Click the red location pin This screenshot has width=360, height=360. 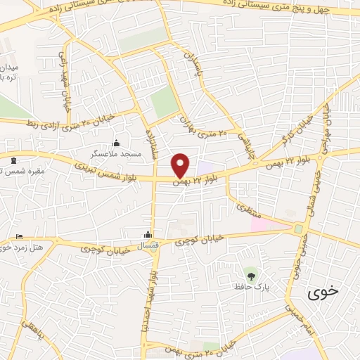[181, 165]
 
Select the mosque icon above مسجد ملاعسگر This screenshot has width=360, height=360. [116, 143]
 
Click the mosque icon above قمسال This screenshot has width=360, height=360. [148, 235]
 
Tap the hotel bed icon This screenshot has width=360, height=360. [19, 236]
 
